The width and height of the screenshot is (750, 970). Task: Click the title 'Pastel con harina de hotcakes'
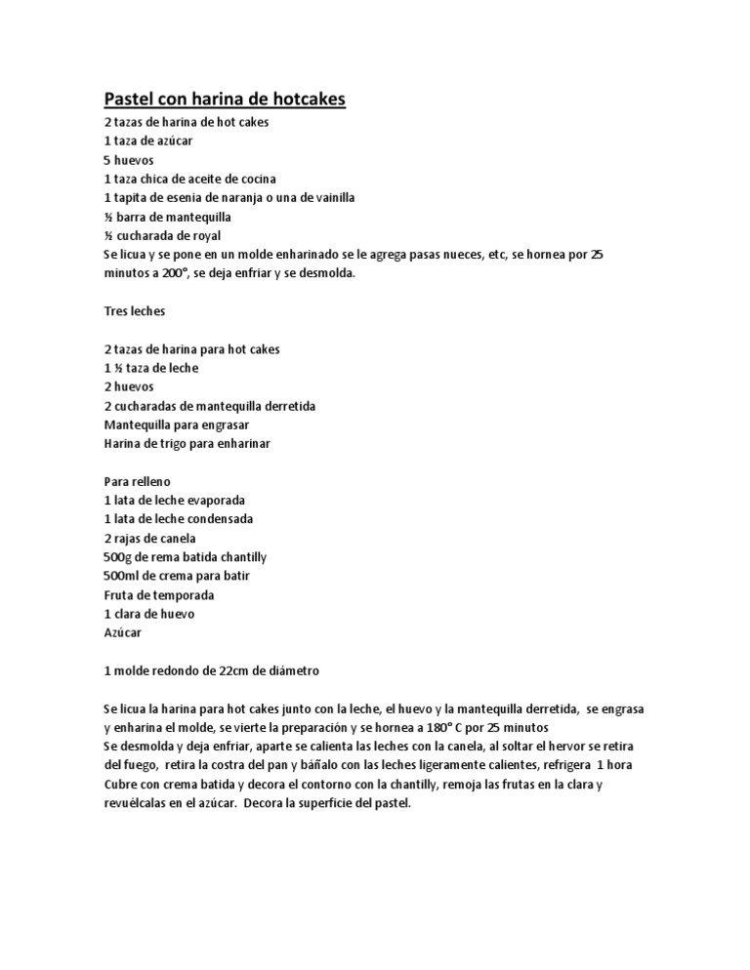coord(225,100)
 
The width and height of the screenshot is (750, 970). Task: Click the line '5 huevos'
coord(129,160)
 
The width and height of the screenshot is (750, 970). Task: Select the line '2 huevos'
coord(129,386)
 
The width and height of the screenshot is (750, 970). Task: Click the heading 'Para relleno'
coord(138,481)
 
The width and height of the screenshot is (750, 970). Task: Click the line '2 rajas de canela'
coord(149,538)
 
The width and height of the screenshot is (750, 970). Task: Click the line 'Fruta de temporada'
coord(158,594)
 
